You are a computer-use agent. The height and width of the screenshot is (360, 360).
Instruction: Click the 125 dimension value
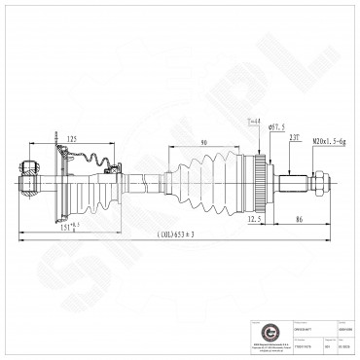[x=74, y=138]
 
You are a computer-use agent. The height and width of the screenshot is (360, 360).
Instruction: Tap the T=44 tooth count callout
[x=255, y=121]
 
